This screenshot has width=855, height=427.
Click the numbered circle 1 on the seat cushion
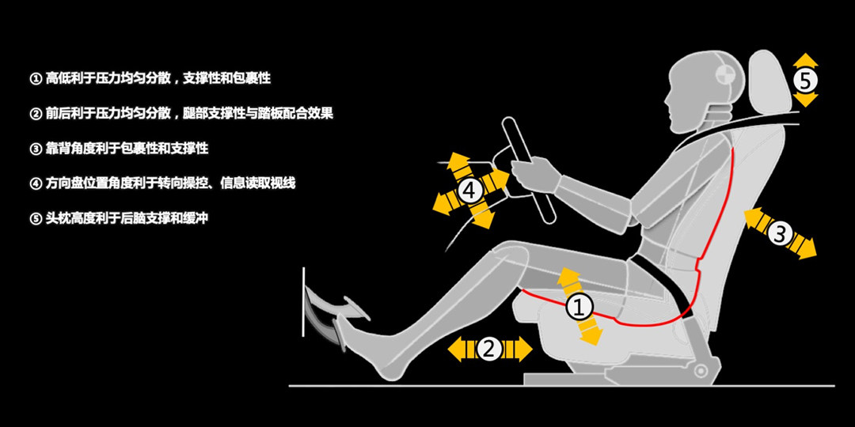(x=579, y=307)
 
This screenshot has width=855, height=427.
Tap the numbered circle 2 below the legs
(x=489, y=349)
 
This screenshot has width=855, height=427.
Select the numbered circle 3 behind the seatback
(x=779, y=233)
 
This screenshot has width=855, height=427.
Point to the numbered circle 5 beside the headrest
(x=804, y=80)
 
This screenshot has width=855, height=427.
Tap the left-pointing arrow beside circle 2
(x=458, y=349)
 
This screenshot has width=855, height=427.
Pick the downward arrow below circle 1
(x=590, y=335)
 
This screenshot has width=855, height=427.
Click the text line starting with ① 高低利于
(x=150, y=78)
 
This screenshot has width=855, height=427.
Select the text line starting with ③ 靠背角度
(x=119, y=148)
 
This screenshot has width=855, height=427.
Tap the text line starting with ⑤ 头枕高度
(x=119, y=217)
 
